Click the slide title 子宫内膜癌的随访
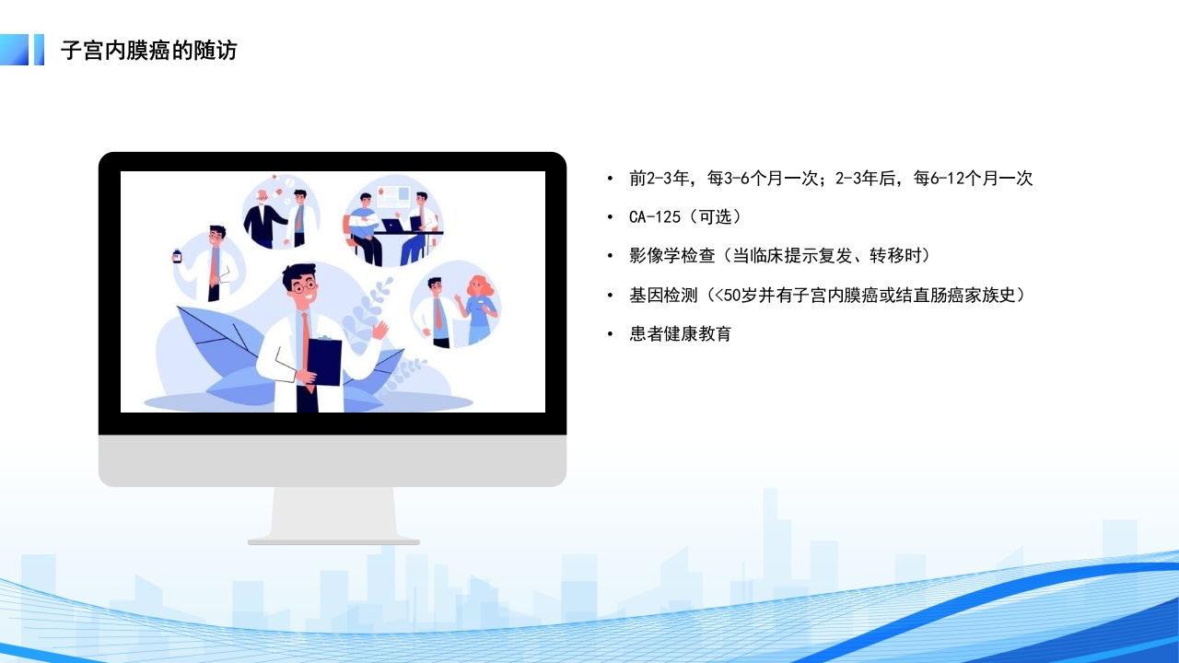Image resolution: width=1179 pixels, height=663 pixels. click(149, 51)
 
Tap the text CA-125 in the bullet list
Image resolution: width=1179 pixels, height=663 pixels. click(655, 216)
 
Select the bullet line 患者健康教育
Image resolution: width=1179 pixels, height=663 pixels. click(680, 333)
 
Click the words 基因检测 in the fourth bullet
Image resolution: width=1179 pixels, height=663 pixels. click(663, 295)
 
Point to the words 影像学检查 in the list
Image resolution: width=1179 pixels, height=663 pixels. click(672, 256)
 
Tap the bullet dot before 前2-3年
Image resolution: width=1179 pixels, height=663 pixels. click(610, 179)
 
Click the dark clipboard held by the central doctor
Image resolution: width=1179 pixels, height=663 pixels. click(323, 362)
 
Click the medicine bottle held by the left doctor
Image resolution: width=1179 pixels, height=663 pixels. click(177, 256)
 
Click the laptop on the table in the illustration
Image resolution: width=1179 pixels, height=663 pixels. click(392, 226)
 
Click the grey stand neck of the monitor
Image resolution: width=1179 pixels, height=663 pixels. click(333, 513)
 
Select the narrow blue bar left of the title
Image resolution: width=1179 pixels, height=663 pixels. click(39, 50)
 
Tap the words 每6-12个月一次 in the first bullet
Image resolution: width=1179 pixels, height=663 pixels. click(974, 179)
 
